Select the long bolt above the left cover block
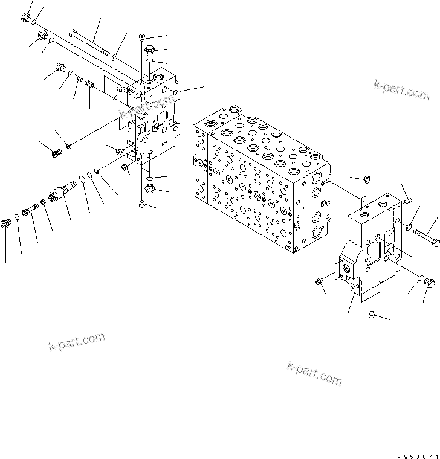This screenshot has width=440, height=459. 91,42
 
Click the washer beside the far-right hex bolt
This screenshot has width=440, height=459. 409,226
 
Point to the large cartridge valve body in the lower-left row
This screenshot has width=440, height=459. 60,194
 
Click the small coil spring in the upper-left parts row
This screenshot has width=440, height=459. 79,78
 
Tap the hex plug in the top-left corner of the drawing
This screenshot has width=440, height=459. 25,19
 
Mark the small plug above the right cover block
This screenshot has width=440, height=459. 367,179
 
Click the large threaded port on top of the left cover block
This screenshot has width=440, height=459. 162,78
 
